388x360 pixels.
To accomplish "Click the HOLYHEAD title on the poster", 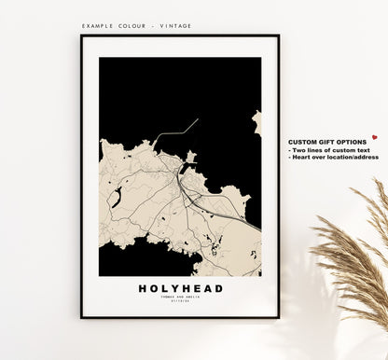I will [x=181, y=288].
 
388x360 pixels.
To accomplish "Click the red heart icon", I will [x=374, y=137].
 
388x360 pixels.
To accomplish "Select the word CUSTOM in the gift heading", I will [x=304, y=142].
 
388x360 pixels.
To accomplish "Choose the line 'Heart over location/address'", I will [x=335, y=157].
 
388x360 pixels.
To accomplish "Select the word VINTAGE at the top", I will [x=176, y=26].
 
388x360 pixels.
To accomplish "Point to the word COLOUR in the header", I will [x=138, y=26].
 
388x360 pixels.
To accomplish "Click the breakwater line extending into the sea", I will [x=177, y=130].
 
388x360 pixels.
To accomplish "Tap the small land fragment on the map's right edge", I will [x=256, y=122].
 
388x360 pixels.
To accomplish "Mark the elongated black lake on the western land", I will [x=117, y=197].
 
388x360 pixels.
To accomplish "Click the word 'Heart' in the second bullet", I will [x=302, y=157].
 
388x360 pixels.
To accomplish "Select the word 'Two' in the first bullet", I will [x=299, y=149].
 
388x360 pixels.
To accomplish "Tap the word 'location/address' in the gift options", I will [x=353, y=157].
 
